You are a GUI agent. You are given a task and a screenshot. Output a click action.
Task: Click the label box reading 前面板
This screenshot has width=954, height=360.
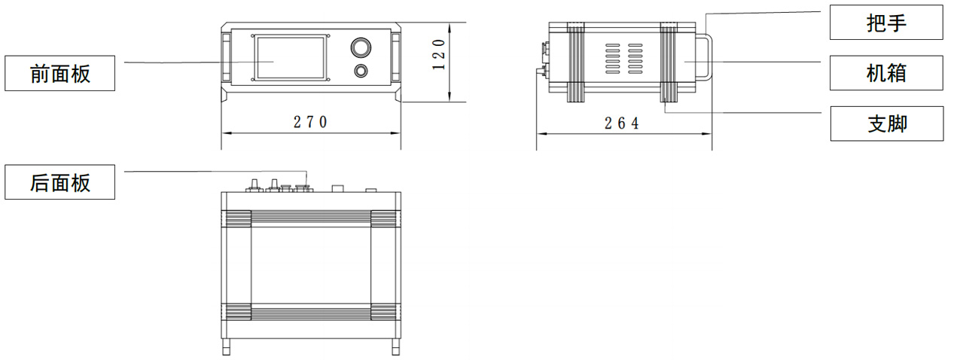click(x=59, y=73)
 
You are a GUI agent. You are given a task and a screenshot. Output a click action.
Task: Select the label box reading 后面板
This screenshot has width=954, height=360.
click(x=59, y=182)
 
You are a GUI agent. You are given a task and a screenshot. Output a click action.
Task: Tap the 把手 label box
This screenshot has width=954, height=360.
click(x=885, y=22)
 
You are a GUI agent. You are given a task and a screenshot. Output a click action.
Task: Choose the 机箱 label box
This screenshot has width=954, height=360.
click(x=885, y=73)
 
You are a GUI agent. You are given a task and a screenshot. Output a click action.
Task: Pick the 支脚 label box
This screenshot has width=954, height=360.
click(x=887, y=124)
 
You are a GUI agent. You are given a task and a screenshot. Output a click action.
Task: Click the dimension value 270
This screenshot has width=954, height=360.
click(x=310, y=122)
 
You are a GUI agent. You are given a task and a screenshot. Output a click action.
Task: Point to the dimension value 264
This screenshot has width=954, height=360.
click(x=622, y=123)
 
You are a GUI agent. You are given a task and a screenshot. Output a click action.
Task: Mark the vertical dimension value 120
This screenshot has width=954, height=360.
click(x=438, y=54)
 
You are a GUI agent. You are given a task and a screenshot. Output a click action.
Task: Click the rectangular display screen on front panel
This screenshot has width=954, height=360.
click(x=291, y=58)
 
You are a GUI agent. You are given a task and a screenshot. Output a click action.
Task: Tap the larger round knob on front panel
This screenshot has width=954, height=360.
click(x=361, y=47)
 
